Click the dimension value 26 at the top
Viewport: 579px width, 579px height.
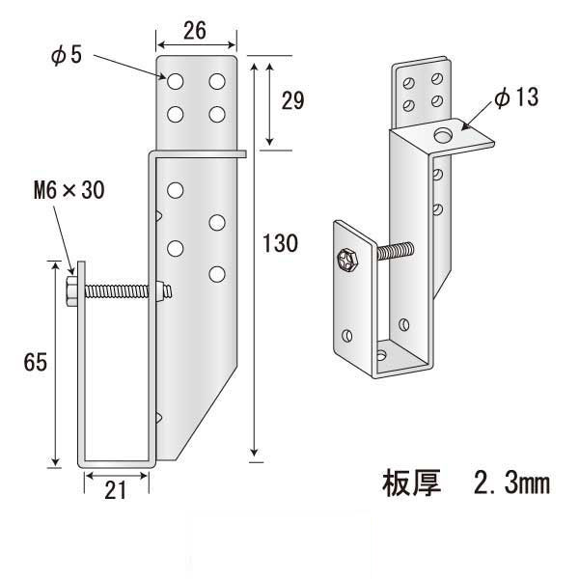point(195,31)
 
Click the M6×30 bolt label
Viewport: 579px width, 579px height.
point(63,190)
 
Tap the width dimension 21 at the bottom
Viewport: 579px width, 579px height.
point(116,490)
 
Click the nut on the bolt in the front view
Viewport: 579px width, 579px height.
point(161,289)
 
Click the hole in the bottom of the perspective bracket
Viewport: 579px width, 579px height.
point(383,355)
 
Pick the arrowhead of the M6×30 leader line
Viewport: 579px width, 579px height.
point(71,275)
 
